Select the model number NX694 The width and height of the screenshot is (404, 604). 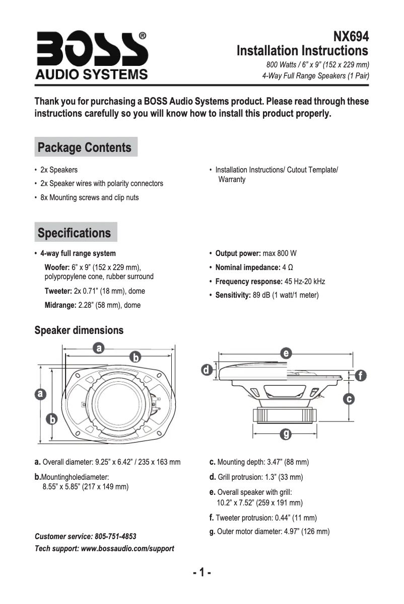(351, 37)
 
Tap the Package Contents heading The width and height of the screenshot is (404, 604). (85, 148)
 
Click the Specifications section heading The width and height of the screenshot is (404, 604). (75, 233)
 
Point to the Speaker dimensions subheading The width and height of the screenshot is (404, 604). (79, 330)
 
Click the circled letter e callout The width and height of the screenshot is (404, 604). (286, 353)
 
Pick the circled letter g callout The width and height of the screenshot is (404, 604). (286, 434)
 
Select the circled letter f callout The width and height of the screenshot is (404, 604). (360, 376)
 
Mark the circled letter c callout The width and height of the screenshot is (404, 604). (348, 399)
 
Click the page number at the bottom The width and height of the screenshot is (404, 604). (201, 573)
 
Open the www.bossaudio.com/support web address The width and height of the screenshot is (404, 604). (127, 548)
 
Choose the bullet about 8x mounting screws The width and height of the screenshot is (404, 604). (89, 198)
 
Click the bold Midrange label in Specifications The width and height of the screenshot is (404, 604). (60, 305)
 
